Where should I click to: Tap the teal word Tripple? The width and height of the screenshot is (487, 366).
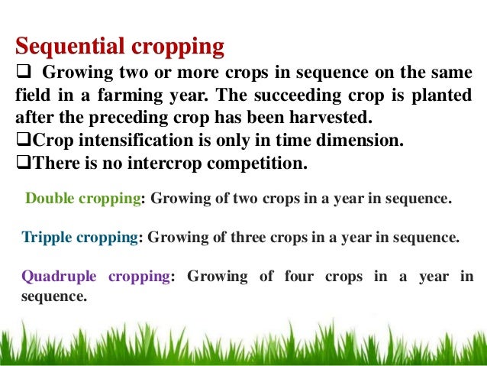click(x=45, y=237)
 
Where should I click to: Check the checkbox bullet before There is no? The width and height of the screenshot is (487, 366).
click(x=23, y=164)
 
